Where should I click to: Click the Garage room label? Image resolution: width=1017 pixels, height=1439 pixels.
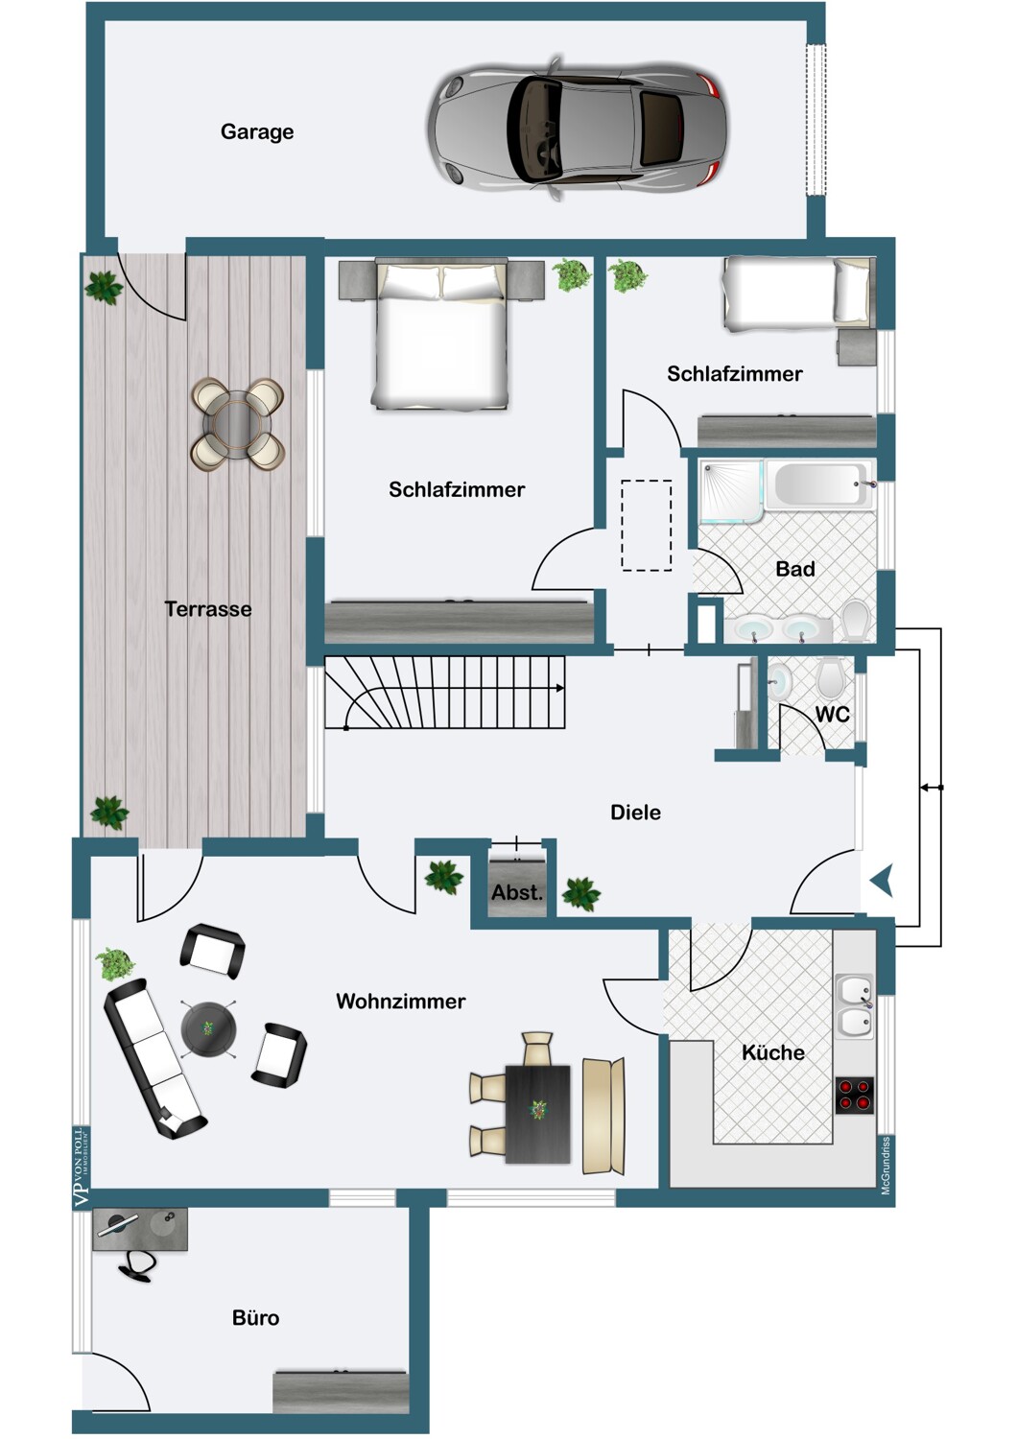[257, 131]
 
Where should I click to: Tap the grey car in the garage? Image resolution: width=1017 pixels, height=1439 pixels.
[578, 129]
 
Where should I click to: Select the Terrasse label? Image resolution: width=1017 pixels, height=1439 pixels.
[208, 609]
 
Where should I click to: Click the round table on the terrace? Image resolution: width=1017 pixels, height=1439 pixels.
[238, 424]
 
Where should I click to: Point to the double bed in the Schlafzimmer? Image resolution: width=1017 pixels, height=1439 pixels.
[441, 334]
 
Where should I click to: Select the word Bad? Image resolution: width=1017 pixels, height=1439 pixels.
[795, 569]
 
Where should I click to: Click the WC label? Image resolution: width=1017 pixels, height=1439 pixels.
[833, 715]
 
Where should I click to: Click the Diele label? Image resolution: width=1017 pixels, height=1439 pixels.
[635, 813]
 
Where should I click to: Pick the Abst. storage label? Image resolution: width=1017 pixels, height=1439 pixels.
[517, 893]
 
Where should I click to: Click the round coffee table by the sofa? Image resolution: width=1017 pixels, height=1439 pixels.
[208, 1029]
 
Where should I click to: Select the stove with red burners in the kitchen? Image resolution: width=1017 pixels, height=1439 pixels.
[855, 1096]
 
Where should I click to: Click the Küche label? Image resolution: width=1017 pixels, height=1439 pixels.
[773, 1053]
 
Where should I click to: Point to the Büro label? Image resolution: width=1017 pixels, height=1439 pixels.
[256, 1318]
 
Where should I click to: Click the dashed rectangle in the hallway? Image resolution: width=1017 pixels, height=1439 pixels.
[647, 526]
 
